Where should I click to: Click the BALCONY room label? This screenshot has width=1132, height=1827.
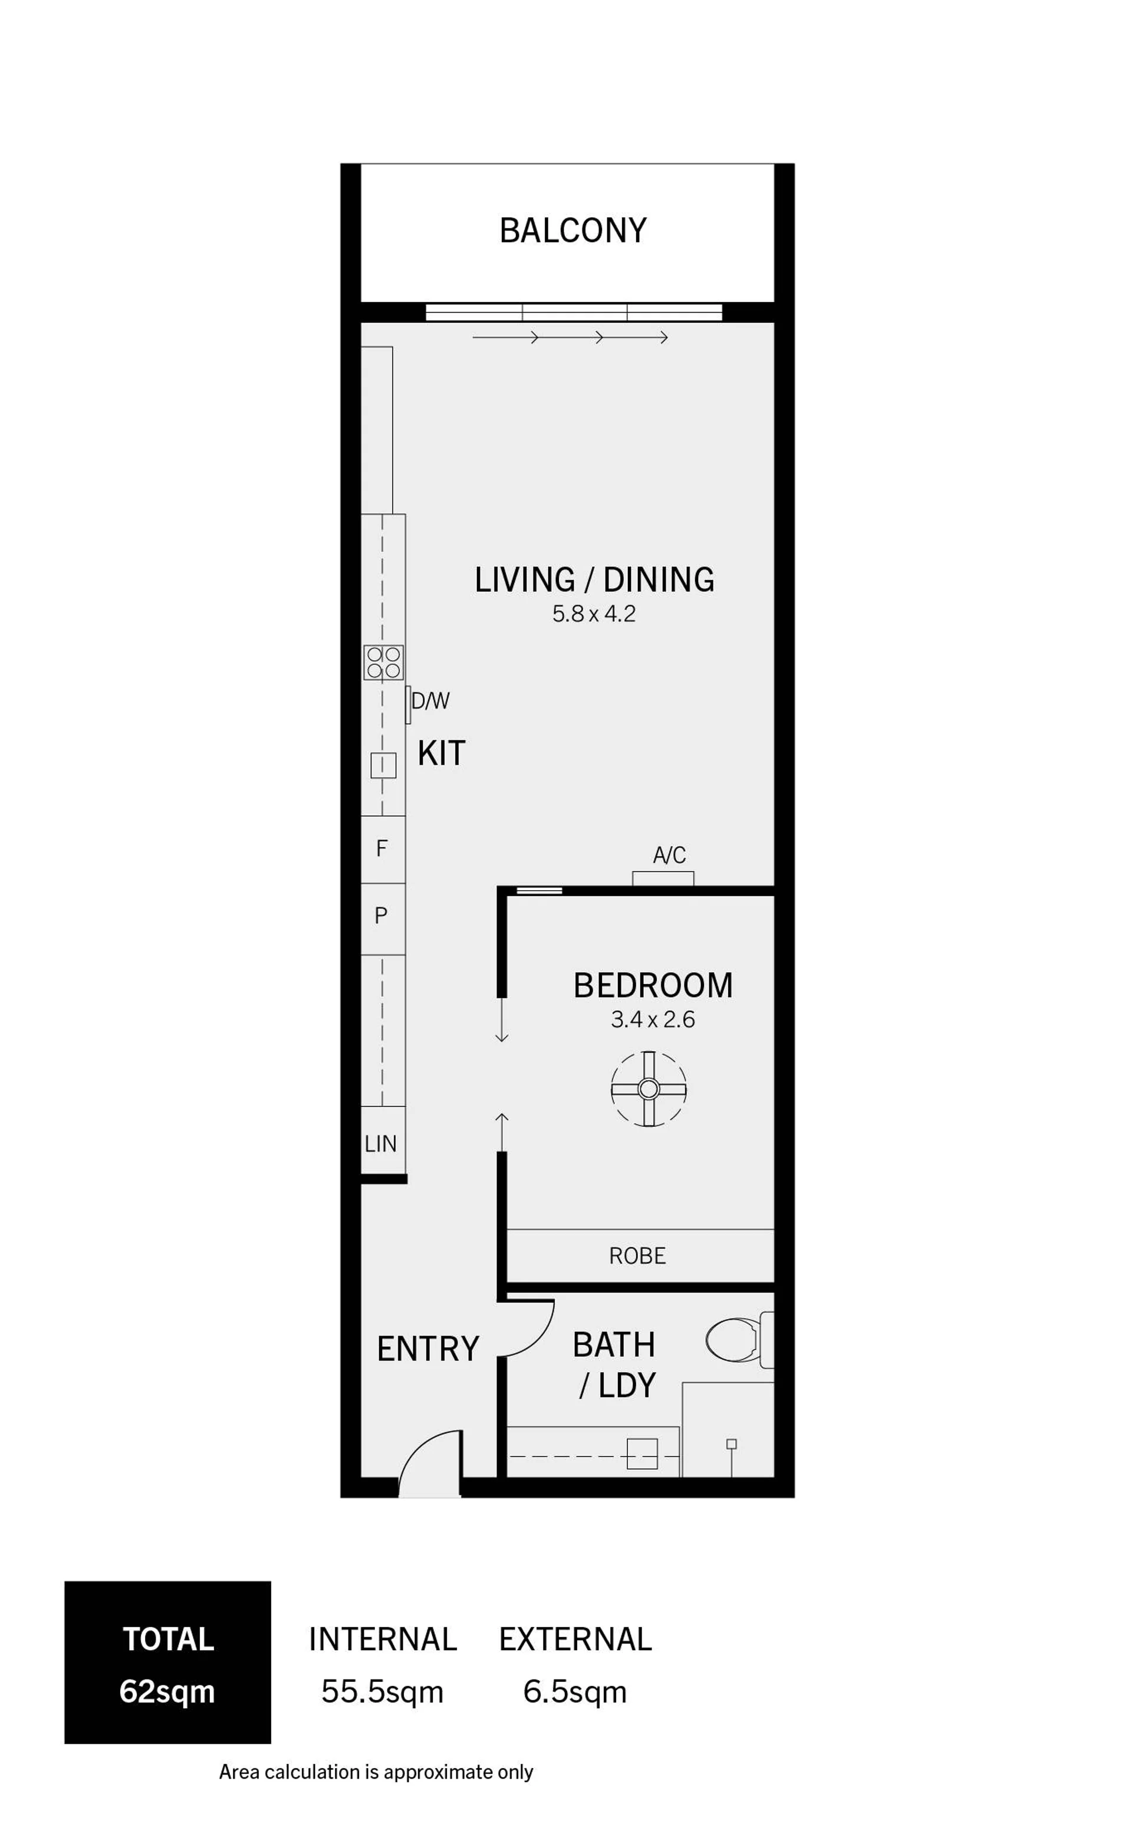pos(572,231)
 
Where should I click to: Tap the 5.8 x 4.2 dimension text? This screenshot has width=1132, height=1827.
pos(594,614)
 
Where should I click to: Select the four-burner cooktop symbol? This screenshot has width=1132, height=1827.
pos(383,662)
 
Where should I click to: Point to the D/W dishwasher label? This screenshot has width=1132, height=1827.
pos(430,701)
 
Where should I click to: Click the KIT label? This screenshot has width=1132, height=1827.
pos(442,753)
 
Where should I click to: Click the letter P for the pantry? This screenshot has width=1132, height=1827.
pos(381,916)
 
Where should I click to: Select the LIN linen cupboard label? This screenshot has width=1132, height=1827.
pos(380,1144)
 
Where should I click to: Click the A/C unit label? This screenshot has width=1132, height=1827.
pos(669,855)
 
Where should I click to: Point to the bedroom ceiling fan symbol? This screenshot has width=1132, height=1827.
pos(649,1088)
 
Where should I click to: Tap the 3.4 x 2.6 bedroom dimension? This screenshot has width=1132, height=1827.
pos(653,1019)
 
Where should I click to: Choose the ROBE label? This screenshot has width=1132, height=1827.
pos(637,1255)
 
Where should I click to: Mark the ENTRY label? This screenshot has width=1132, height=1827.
pos(427,1349)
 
